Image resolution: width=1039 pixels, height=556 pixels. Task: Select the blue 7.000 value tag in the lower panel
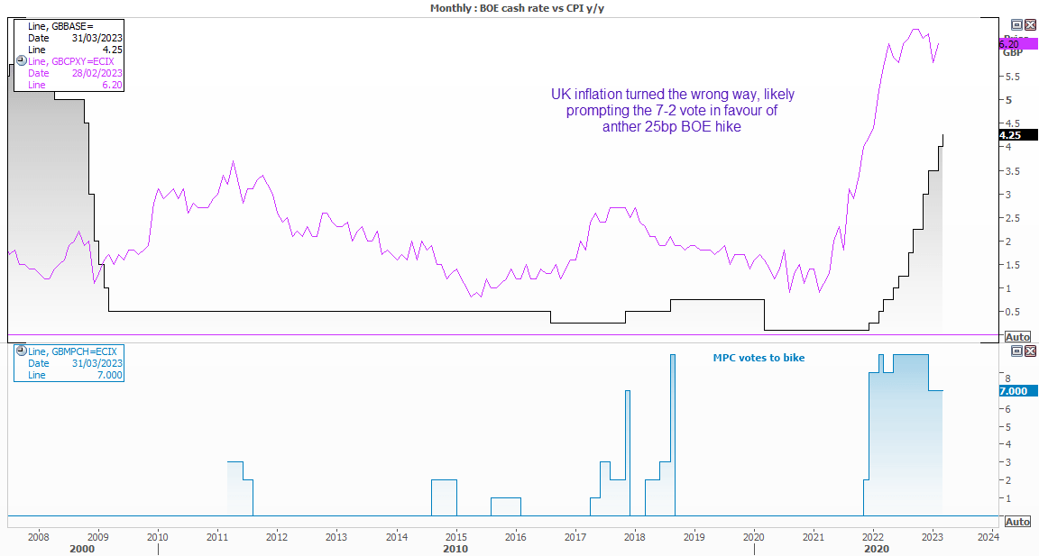click(x=1018, y=390)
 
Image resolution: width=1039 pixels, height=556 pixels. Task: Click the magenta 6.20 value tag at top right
click(x=1016, y=43)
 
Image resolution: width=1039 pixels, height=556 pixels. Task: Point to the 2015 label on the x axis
click(x=455, y=537)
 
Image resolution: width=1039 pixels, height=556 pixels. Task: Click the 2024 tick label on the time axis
click(x=988, y=537)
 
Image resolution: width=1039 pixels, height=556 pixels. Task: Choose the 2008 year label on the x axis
click(x=39, y=537)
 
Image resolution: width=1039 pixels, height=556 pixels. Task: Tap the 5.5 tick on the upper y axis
click(x=1013, y=77)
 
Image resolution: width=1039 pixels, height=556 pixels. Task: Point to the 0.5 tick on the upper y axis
click(x=1013, y=312)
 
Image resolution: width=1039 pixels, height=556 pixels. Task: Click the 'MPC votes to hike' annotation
click(x=759, y=358)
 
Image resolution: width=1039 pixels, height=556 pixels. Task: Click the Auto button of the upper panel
click(x=1017, y=337)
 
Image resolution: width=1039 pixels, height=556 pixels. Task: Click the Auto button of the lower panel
click(x=1017, y=522)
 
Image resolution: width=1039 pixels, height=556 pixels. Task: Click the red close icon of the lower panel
click(x=1031, y=351)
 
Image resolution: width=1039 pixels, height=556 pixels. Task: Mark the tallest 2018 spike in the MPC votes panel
click(x=673, y=356)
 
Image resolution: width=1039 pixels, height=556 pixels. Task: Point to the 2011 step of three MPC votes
click(x=234, y=463)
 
